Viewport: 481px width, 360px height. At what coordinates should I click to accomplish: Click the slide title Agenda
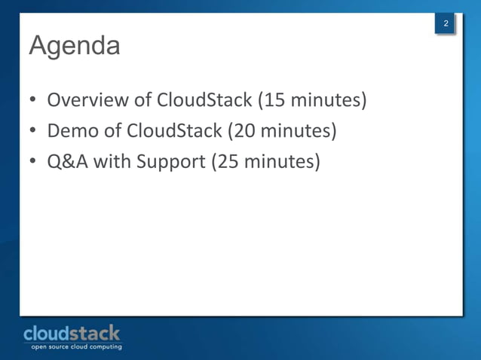coord(74,45)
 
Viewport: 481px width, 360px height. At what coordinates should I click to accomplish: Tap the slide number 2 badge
coord(446,25)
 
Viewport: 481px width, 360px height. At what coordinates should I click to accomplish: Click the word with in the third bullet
coord(112,162)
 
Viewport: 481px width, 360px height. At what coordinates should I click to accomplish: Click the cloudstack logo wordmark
coord(72,332)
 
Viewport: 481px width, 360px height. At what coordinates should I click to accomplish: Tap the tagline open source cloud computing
coord(75,346)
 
